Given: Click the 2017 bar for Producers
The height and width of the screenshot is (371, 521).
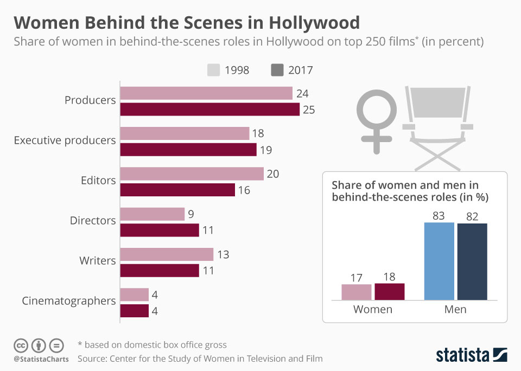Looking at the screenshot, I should click(x=209, y=110).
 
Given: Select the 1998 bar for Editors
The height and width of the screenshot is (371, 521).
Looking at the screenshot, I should click(x=192, y=174).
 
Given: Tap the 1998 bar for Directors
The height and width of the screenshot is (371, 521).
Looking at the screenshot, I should click(x=152, y=214).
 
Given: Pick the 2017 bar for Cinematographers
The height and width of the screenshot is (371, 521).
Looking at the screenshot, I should click(x=134, y=311).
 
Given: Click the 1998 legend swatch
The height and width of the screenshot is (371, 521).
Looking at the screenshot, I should click(x=213, y=70).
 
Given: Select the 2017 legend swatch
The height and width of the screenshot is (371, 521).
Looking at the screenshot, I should click(x=277, y=70).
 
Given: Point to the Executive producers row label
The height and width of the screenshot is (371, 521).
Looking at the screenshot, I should click(x=65, y=140).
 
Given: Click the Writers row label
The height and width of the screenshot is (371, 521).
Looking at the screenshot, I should click(x=97, y=261).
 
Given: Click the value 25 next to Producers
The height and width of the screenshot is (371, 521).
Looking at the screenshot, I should click(x=309, y=110).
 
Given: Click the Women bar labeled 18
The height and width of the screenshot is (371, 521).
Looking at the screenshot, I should click(x=390, y=292).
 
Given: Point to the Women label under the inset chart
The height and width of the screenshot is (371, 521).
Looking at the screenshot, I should click(x=373, y=310).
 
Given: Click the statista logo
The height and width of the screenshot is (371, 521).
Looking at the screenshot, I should click(x=472, y=355).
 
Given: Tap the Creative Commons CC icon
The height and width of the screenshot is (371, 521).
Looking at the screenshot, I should click(x=21, y=346).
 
